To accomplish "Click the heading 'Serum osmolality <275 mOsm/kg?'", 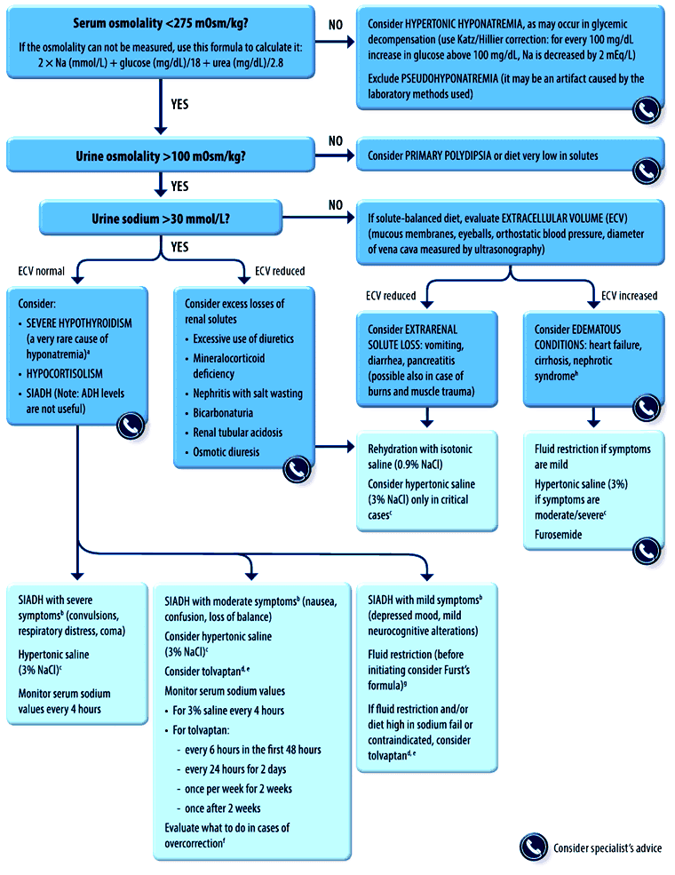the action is (x=161, y=23).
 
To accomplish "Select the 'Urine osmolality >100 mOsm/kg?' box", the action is (x=161, y=155).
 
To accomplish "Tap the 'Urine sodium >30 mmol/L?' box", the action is (x=161, y=219).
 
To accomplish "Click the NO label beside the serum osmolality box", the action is (x=335, y=25).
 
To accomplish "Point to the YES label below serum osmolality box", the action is (x=179, y=104).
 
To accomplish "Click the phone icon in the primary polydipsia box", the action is (x=647, y=171).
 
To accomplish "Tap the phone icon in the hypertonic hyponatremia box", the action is (x=647, y=110).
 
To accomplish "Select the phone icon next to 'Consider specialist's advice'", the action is (x=534, y=847).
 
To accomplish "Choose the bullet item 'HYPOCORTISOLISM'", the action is (x=64, y=374).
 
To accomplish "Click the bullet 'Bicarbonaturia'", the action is (x=223, y=413).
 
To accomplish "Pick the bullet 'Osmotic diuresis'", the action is (x=226, y=452).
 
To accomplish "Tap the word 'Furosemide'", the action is (x=558, y=535).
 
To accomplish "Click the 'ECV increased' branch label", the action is (x=629, y=296).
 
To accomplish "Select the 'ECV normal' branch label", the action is (x=41, y=271).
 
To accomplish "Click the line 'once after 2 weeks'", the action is (x=223, y=808).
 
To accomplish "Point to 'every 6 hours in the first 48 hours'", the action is (x=253, y=750).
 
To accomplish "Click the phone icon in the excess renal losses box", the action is (x=297, y=469).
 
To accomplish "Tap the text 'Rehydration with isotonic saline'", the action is (x=420, y=457).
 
